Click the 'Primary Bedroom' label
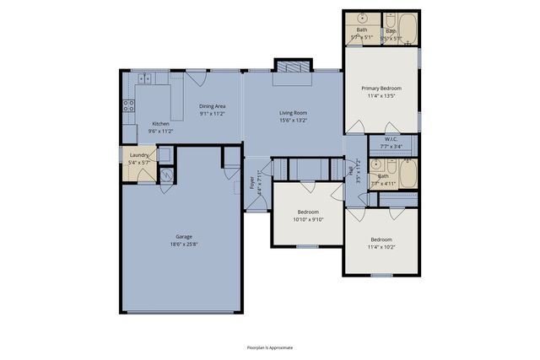tap(381, 88)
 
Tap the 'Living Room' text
tap(293, 112)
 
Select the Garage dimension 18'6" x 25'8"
tap(183, 244)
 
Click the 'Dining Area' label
tap(212, 105)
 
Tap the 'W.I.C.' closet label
tap(391, 139)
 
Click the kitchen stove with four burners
tap(129, 106)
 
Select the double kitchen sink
tap(143, 79)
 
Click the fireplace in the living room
tap(293, 67)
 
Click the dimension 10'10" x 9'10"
tap(308, 219)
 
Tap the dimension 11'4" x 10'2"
tap(381, 247)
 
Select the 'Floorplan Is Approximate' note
tap(270, 347)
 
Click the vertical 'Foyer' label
tap(251, 182)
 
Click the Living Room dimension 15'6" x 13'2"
tap(293, 120)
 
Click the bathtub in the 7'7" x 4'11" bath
tap(407, 175)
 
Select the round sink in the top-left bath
tap(361, 19)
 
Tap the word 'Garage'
tap(183, 237)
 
